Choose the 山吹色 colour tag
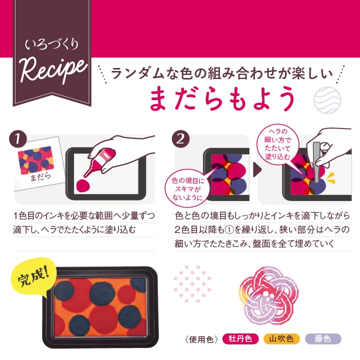coord(281,338)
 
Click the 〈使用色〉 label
coord(201,339)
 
